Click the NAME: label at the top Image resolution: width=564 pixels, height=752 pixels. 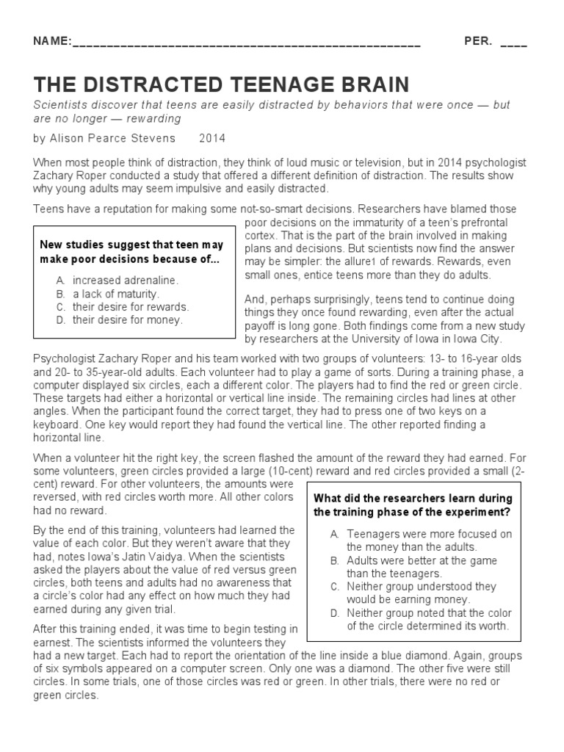[x=52, y=42]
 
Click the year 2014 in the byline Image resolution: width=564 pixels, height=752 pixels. [x=212, y=138]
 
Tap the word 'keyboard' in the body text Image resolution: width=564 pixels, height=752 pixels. [x=58, y=424]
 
